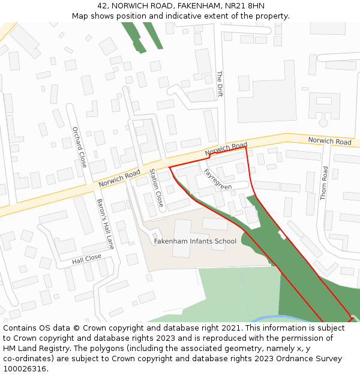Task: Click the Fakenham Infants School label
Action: coord(195,241)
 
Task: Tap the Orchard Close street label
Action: coord(79,147)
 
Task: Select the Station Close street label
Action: coord(156,188)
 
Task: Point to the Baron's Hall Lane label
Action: coord(105,224)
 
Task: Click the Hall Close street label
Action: coord(87,259)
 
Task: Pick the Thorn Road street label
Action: coord(325,183)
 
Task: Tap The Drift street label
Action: coord(220,84)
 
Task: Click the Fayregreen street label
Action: coord(217,179)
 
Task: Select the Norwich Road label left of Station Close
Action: coord(119,178)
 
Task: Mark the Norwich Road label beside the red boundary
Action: coord(226,149)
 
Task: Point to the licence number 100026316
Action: coord(25,368)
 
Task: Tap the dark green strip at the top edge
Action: coord(134,35)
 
